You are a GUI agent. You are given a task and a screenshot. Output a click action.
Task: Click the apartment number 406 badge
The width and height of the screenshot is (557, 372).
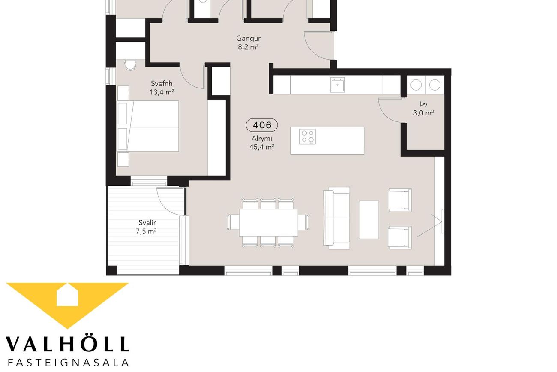pos(262,125)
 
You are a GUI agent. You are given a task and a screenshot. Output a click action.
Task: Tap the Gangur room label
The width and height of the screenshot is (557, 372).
pos(248,38)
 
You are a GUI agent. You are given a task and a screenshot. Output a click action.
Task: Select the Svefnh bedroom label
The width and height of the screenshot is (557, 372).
pos(162,83)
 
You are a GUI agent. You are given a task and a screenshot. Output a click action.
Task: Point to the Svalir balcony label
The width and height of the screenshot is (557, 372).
pos(147,222)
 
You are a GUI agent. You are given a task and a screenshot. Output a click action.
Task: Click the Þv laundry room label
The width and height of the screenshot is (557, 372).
pos(423,104)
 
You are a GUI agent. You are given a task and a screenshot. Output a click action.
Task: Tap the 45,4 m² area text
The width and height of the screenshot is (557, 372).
pos(262,147)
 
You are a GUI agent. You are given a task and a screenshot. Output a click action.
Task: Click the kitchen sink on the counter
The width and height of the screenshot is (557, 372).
pos(338,85)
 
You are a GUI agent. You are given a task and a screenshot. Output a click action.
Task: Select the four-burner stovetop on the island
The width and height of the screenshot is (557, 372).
pos(308,136)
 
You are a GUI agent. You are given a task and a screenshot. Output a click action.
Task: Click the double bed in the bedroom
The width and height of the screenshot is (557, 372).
pos(148,126)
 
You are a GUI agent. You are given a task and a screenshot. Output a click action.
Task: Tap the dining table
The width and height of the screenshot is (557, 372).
pos(268,223)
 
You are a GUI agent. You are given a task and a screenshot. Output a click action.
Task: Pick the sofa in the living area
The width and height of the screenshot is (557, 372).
pos(337,218)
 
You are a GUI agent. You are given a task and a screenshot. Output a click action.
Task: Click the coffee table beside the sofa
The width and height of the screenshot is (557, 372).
pos(369,220)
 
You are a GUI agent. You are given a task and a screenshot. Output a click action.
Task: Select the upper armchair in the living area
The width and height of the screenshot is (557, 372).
pos(400,200)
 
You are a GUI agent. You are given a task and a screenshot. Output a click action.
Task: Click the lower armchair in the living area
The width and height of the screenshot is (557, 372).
pos(400,237)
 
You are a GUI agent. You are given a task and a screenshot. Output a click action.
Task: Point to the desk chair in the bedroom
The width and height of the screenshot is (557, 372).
pos(130,65)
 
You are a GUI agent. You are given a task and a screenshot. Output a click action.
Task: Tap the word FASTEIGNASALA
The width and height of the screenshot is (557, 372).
pos(69,363)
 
